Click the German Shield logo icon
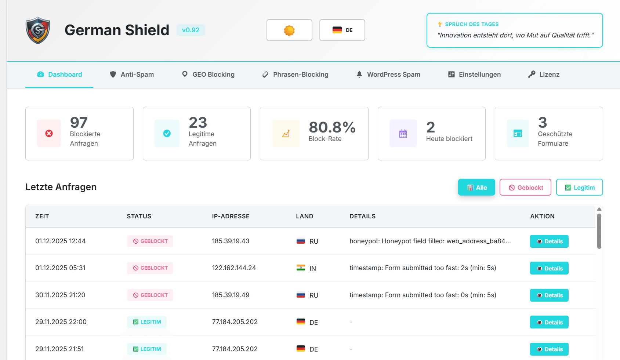pos(38,30)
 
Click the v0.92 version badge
pos(191,30)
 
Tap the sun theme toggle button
pos(289,30)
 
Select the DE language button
pos(342,30)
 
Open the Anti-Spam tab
pos(132,74)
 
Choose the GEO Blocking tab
pos(208,74)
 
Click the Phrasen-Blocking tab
pos(295,74)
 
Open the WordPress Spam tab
pos(388,74)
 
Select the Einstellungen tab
pos(474,74)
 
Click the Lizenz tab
pos(544,74)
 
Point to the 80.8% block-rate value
pos(332,127)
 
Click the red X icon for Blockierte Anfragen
pos(49,134)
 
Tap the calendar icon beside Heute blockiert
pos(403,134)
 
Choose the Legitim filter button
pos(579,188)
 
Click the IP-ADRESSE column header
pos(231,217)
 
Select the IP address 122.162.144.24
pos(234,268)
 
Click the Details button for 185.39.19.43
pos(549,241)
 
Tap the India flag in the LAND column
pos(301,268)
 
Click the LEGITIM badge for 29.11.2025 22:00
pos(147,322)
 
